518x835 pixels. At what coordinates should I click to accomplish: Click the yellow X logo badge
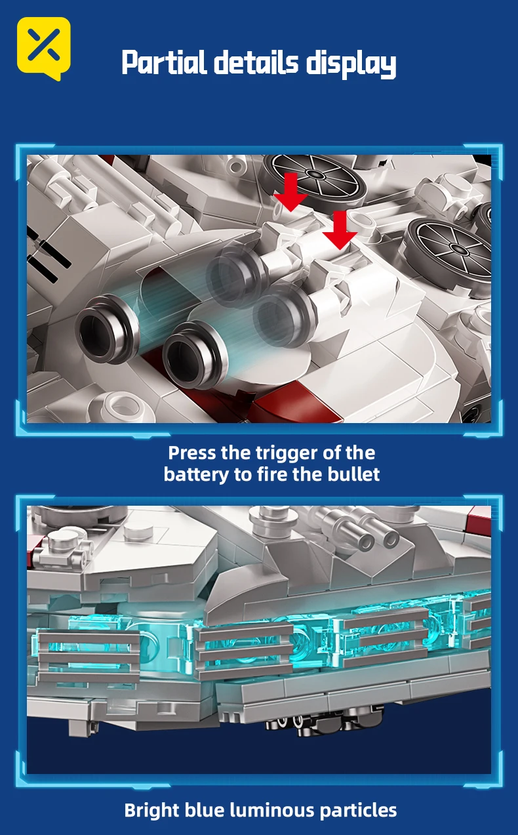tap(44, 49)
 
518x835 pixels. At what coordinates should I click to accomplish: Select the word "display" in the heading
tap(351, 64)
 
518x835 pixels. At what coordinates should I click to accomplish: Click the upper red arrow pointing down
tap(290, 192)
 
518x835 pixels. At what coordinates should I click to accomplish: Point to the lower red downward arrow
tap(340, 230)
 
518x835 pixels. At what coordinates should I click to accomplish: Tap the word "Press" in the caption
tap(192, 453)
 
